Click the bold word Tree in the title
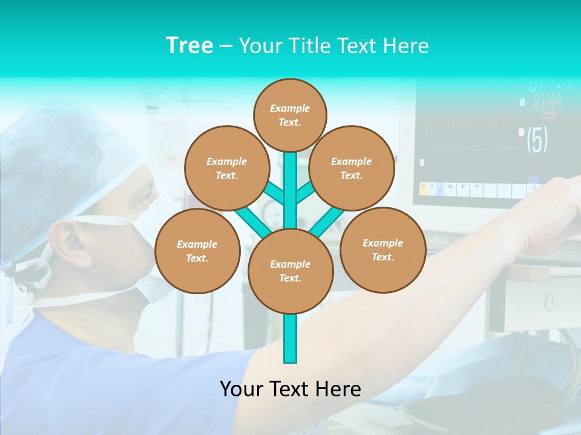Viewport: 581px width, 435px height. pyautogui.click(x=189, y=45)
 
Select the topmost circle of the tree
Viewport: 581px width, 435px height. pyautogui.click(x=290, y=115)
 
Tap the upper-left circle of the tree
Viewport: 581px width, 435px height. pyautogui.click(x=227, y=168)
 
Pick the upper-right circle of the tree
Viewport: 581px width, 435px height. pyautogui.click(x=352, y=168)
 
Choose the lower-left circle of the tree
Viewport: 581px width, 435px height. pyautogui.click(x=197, y=251)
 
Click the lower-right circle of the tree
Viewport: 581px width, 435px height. pyautogui.click(x=382, y=250)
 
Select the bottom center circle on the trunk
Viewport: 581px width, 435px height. pyautogui.click(x=290, y=271)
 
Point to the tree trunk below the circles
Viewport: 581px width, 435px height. pyautogui.click(x=290, y=338)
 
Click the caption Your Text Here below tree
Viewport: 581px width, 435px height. pyautogui.click(x=290, y=389)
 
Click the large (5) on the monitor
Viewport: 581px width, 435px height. pyautogui.click(x=537, y=140)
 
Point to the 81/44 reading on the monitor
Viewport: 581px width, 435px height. pyautogui.click(x=547, y=100)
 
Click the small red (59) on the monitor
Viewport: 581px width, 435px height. pyautogui.click(x=548, y=114)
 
